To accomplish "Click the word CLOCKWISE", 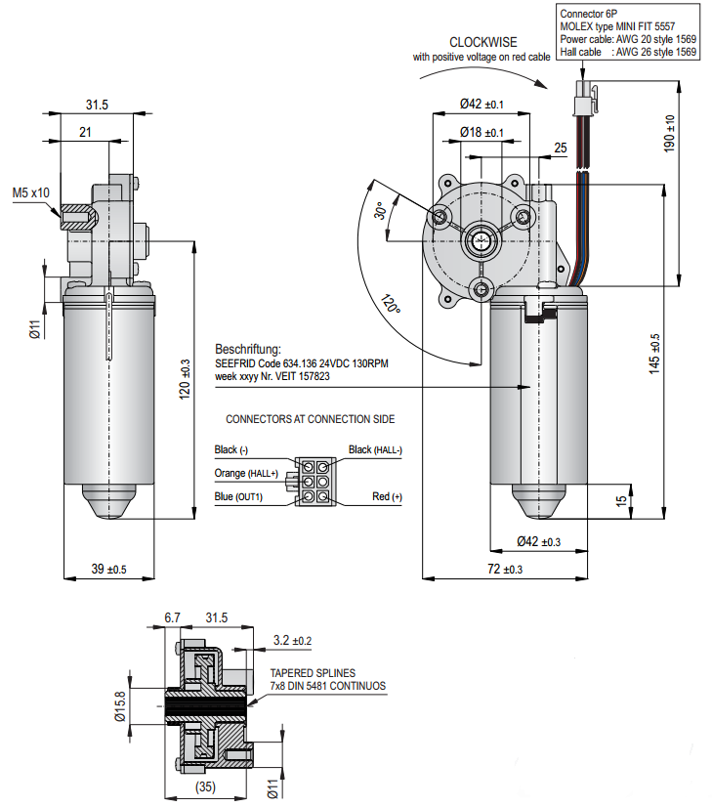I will (482, 43).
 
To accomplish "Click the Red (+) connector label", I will (387, 497).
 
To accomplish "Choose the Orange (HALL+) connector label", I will (246, 474).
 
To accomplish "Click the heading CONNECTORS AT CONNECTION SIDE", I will (310, 419).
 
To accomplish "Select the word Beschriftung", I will (248, 349).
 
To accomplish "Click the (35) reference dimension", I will (204, 785).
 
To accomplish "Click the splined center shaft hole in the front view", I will (482, 237).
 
